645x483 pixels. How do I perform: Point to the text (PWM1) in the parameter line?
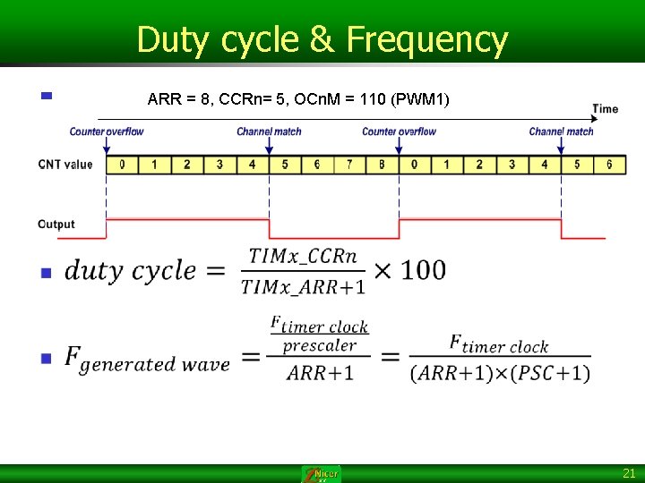pos(420,97)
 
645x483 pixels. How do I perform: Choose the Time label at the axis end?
pos(605,109)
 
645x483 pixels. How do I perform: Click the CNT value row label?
pos(64,165)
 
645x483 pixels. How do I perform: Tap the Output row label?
pos(56,224)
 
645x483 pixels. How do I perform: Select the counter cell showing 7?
pos(349,165)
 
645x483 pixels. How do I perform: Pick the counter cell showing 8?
pos(382,165)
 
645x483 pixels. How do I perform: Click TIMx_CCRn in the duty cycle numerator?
pos(303,257)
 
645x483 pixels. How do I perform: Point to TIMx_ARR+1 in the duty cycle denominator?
pos(303,286)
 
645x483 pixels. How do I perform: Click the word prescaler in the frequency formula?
pos(319,345)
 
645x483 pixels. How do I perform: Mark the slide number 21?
pos(628,474)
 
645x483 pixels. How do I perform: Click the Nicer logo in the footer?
pos(322,474)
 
